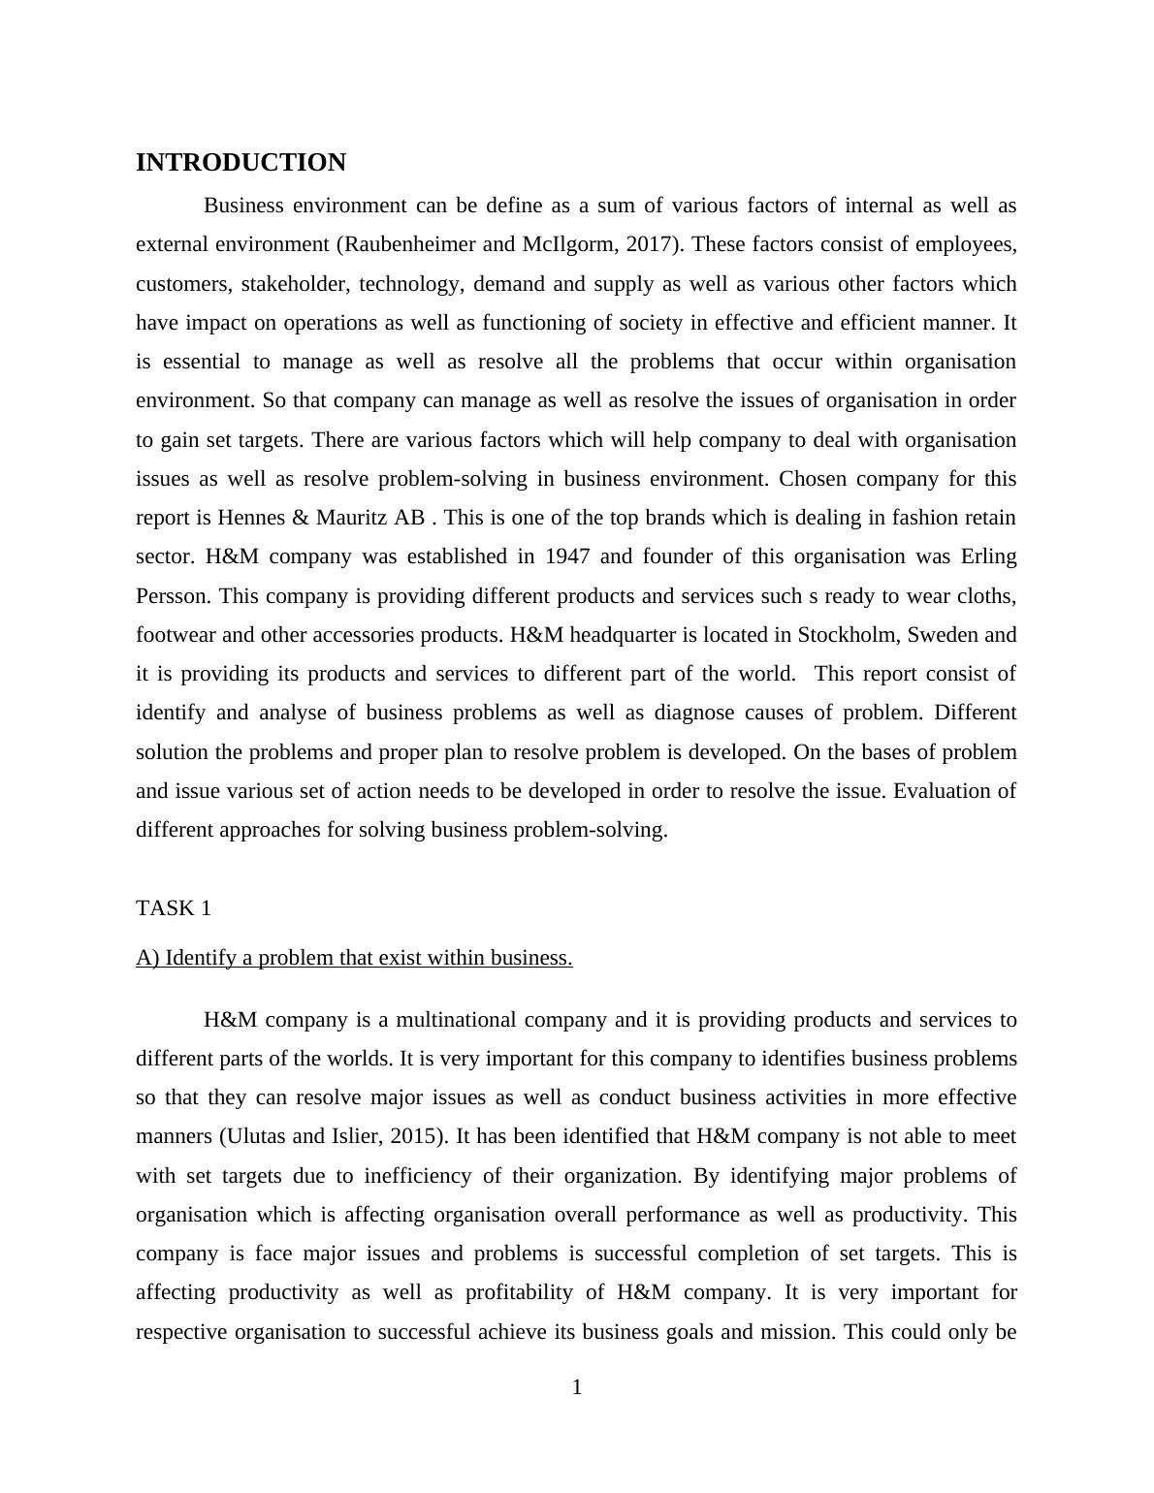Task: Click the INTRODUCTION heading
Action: click(240, 163)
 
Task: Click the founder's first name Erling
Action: click(988, 556)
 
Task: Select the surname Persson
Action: click(173, 595)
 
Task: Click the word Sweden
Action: click(944, 635)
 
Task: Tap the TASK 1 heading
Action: click(174, 908)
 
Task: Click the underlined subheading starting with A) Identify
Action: click(354, 958)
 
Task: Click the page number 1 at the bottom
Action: click(577, 1388)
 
